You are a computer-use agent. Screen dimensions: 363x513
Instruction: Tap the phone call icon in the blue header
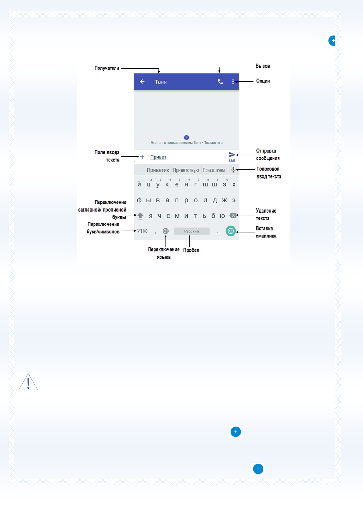220,82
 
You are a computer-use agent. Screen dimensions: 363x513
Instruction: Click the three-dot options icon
233,82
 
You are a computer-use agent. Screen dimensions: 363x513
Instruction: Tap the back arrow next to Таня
142,82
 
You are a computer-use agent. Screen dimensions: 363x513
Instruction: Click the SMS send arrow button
232,155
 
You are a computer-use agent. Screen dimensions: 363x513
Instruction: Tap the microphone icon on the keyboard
233,170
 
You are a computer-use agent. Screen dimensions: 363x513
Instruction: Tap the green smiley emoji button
231,231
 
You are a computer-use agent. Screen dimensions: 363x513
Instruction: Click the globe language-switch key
166,231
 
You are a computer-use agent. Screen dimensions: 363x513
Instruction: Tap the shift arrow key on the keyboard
140,216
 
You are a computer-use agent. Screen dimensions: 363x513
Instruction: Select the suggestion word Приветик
158,170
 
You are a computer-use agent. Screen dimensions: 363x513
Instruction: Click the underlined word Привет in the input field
158,157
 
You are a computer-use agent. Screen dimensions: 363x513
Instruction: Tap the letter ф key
139,200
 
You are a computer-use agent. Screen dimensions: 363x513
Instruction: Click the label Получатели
107,68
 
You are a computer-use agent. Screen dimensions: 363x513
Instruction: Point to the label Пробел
191,250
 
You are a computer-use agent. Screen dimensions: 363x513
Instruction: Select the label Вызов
263,66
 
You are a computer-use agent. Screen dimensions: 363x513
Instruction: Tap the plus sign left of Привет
142,157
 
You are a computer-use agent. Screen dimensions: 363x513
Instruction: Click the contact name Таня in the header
161,82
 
